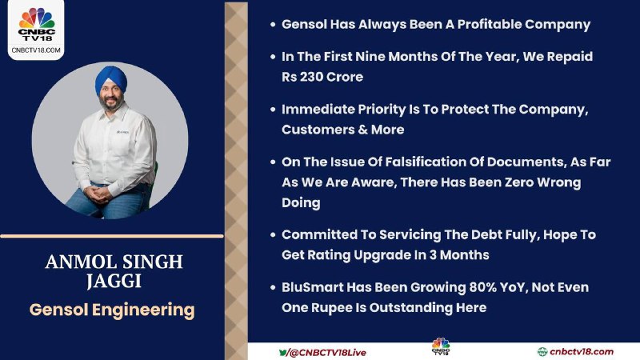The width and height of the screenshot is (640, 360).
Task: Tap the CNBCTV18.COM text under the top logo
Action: pyautogui.click(x=36, y=50)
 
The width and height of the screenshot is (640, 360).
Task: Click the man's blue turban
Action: pyautogui.click(x=111, y=79)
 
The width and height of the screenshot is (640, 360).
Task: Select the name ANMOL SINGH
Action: pyautogui.click(x=114, y=262)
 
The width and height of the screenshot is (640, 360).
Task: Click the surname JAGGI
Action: pyautogui.click(x=114, y=282)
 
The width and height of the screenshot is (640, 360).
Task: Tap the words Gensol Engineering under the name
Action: pyautogui.click(x=112, y=310)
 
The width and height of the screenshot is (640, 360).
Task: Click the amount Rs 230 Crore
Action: pyautogui.click(x=322, y=77)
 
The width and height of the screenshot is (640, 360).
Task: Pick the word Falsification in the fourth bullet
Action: pyautogui.click(x=425, y=162)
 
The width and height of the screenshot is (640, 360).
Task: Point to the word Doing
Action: pyautogui.click(x=301, y=203)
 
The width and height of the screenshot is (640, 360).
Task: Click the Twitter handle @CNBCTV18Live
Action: pyautogui.click(x=327, y=353)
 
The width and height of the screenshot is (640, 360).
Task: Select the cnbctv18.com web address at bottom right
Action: pyautogui.click(x=582, y=352)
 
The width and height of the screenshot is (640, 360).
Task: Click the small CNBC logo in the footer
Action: pyautogui.click(x=441, y=347)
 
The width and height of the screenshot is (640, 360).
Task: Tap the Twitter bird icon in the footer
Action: pyautogui.click(x=282, y=352)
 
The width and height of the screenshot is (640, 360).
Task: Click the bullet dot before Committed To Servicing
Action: pyautogui.click(x=273, y=235)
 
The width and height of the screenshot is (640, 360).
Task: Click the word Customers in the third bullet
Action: pyautogui.click(x=314, y=130)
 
